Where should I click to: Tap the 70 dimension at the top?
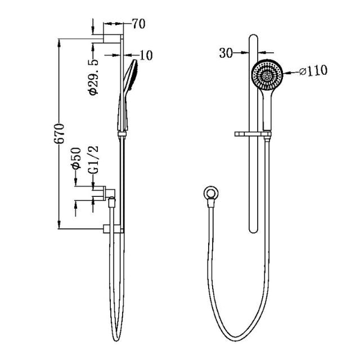138,24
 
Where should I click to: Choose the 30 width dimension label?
226,53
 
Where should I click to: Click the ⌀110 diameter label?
313,71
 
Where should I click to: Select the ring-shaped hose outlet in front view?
210,192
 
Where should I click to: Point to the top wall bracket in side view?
111,38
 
